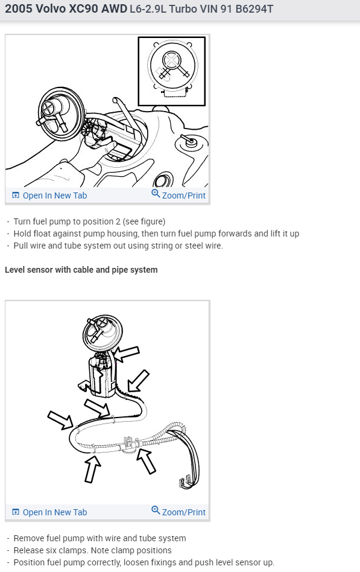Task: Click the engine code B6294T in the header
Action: coord(254,9)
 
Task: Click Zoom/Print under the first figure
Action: coord(183,195)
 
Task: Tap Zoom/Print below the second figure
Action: coord(183,512)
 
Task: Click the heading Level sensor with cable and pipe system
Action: coord(81,270)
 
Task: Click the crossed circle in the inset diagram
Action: coord(171,60)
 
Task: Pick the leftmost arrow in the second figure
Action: coord(60,420)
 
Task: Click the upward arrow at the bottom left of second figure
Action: coord(92,469)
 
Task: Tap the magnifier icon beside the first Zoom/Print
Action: coord(156,193)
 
